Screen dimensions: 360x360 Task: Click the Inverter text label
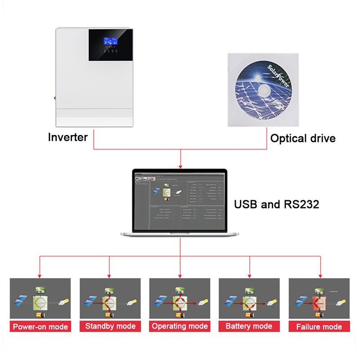[67, 137]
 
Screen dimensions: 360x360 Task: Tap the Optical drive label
[302, 138]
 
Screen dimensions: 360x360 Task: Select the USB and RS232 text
[276, 204]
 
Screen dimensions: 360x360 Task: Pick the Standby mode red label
[110, 326]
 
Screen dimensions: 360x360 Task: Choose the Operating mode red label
[180, 326]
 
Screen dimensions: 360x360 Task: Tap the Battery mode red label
[249, 326]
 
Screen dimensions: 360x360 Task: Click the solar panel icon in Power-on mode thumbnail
[20, 299]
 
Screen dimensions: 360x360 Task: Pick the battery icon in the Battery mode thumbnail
[249, 315]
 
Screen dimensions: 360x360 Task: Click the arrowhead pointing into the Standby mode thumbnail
[110, 275]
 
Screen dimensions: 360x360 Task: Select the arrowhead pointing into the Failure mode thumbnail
[320, 275]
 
